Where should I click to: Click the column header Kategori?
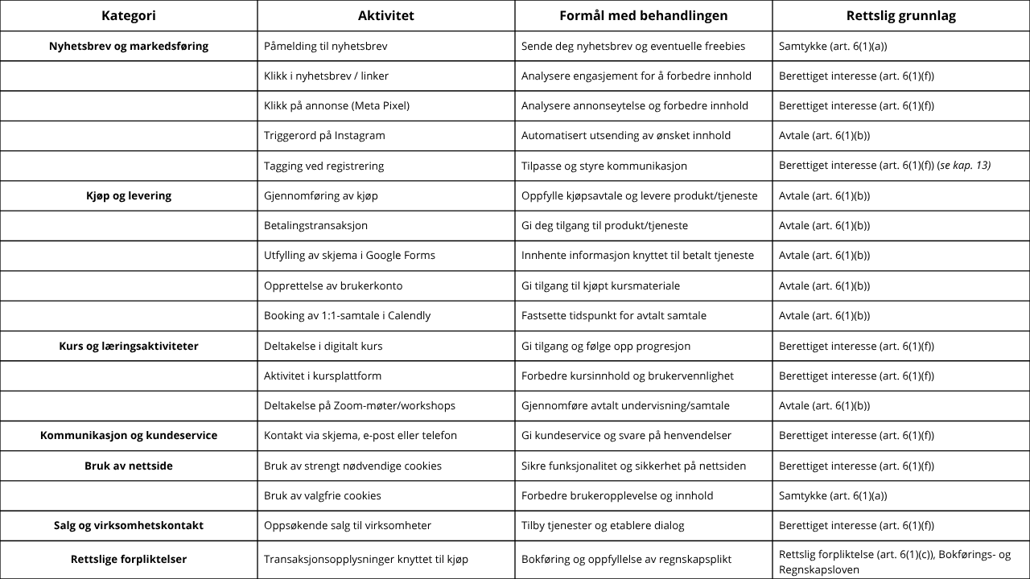tap(129, 15)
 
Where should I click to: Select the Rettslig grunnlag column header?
tap(900, 15)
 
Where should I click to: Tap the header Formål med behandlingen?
tap(643, 15)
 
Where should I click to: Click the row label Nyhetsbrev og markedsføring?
tap(129, 46)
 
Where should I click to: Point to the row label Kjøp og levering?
tap(129, 195)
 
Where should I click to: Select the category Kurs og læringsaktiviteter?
tap(129, 346)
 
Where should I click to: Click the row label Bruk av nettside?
tap(129, 466)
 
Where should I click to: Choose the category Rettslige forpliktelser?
tap(129, 559)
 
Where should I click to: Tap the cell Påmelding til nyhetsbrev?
tap(325, 46)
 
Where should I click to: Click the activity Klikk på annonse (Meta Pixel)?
tap(336, 105)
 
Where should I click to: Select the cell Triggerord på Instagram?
tap(324, 135)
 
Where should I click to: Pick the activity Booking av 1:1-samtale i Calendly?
tap(347, 315)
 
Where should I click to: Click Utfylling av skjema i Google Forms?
tap(349, 255)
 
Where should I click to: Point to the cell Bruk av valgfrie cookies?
tap(322, 495)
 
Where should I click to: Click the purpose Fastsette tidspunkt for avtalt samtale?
tap(613, 315)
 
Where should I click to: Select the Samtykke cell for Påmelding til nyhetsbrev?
tap(833, 46)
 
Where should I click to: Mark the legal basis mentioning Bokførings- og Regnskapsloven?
tap(895, 561)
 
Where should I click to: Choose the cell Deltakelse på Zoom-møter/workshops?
tap(359, 405)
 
